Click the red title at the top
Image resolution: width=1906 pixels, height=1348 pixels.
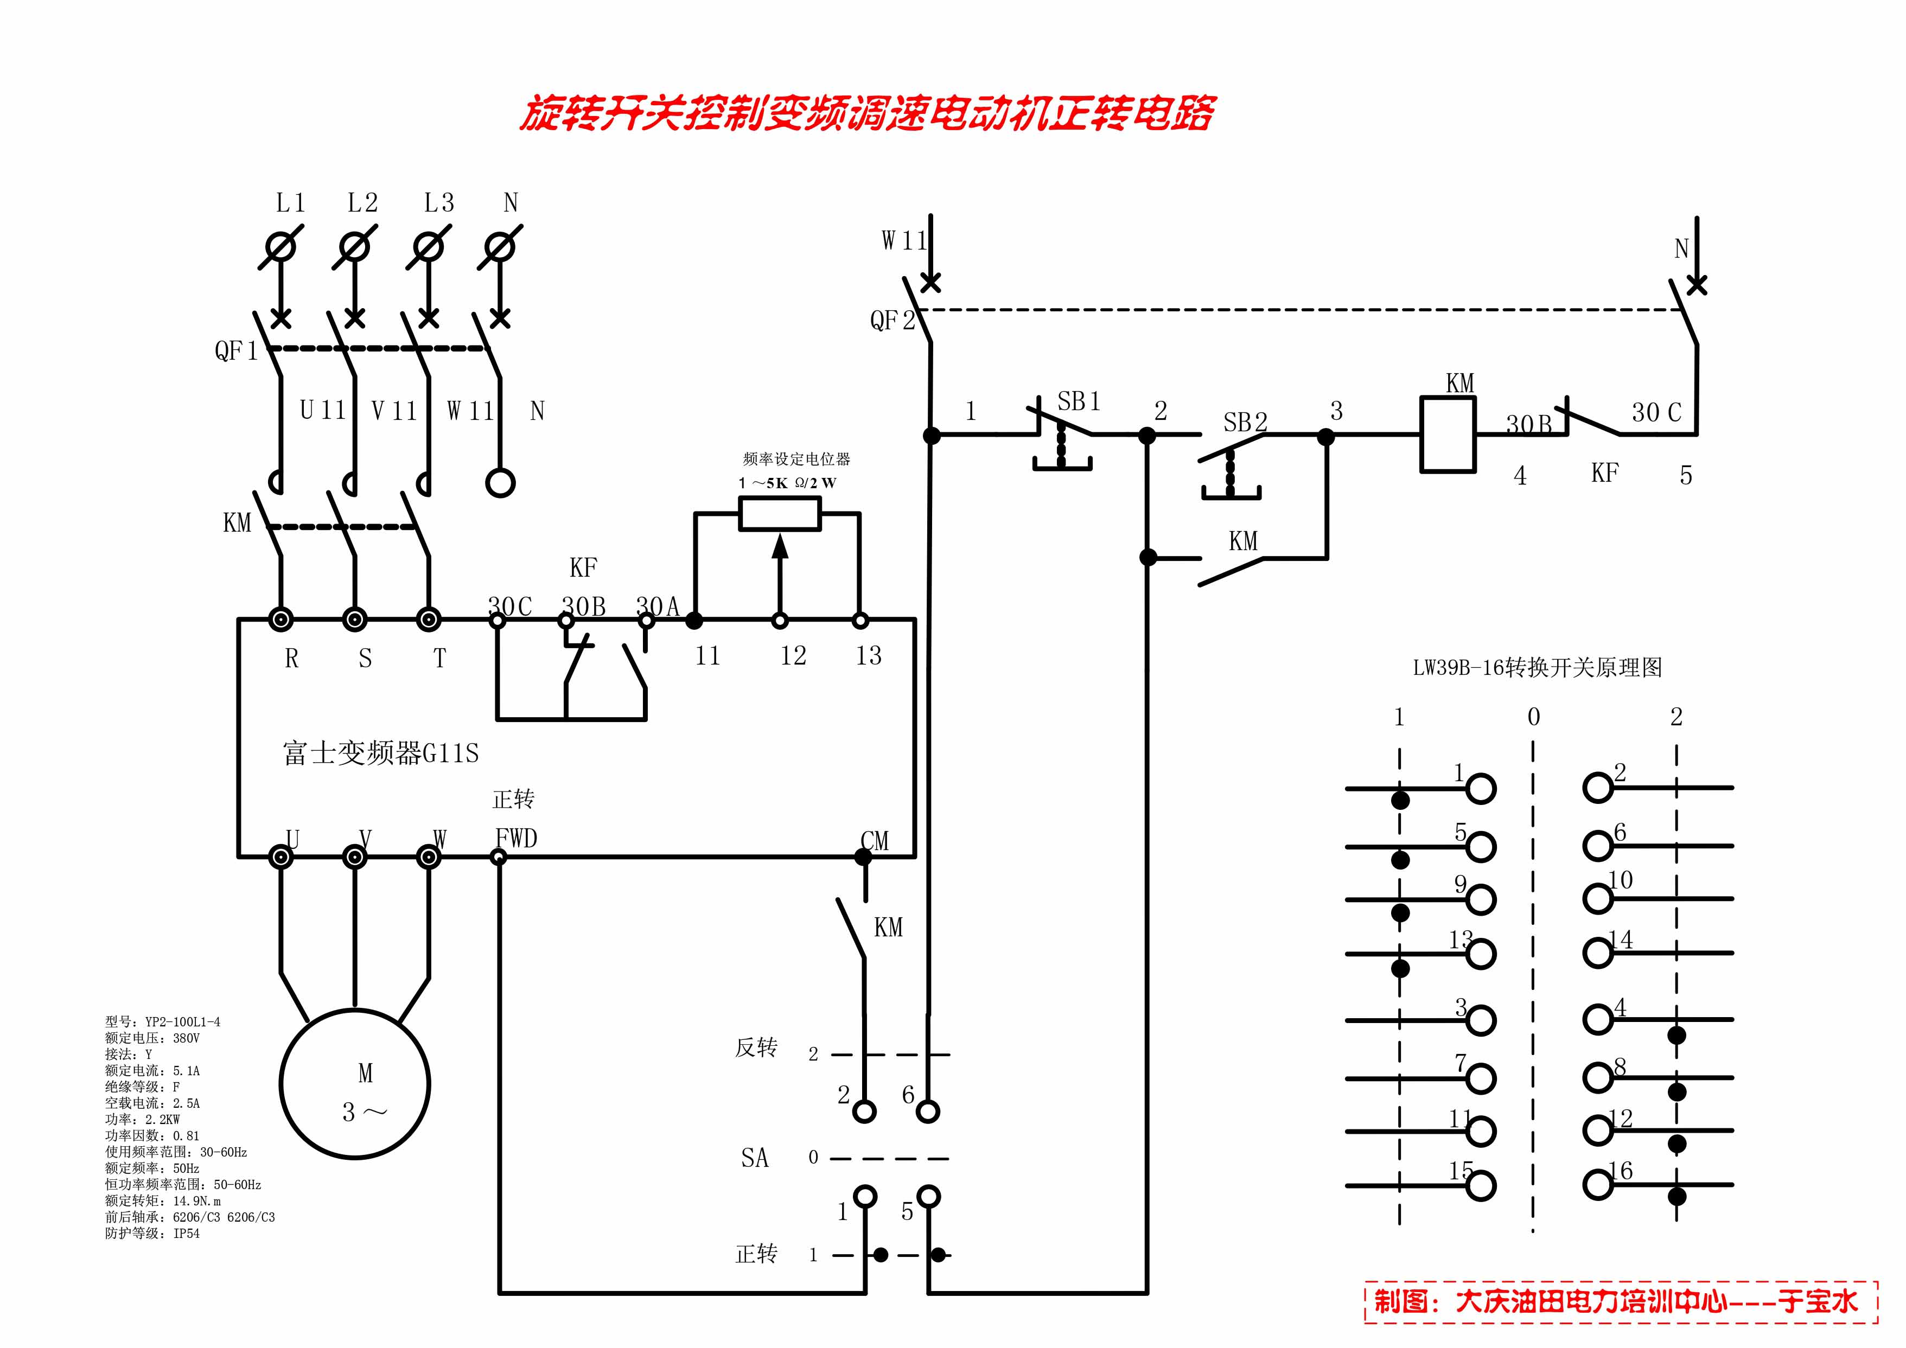coord(868,114)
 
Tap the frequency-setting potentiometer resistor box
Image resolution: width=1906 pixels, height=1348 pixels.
coord(780,514)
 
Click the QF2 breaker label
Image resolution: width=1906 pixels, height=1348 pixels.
coord(891,321)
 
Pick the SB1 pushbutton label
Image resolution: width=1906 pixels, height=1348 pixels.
coord(1079,402)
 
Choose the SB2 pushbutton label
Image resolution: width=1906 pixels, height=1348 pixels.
coord(1245,423)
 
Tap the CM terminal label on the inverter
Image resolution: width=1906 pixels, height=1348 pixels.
coord(875,841)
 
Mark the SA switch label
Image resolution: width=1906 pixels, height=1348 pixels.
coord(755,1158)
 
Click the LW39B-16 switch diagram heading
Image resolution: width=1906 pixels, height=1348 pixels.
coord(1538,668)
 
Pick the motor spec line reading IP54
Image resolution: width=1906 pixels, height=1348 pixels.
coord(153,1234)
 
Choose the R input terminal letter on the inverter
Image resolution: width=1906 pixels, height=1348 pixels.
coord(291,659)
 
